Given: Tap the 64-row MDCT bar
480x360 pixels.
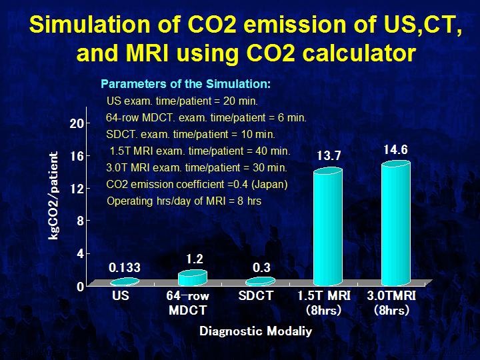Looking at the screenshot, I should click(193, 277).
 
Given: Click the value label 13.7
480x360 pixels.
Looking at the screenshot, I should click(329, 156).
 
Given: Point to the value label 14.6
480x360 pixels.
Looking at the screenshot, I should click(395, 149).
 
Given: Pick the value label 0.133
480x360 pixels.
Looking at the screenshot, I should click(125, 267).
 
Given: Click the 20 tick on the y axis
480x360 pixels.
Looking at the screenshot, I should click(77, 123).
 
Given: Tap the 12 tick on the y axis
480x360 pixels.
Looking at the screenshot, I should click(77, 189).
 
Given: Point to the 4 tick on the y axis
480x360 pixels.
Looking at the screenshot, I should click(79, 254).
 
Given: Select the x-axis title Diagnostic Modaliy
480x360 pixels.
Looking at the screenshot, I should click(255, 331).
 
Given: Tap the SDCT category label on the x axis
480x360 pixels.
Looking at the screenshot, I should click(256, 295).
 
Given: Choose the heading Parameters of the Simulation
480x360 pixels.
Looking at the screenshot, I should click(185, 85).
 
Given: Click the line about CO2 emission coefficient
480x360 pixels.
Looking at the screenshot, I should click(197, 185).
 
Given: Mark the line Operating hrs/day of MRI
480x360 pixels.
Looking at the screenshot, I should click(184, 201).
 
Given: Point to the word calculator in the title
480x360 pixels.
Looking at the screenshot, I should click(351, 53).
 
